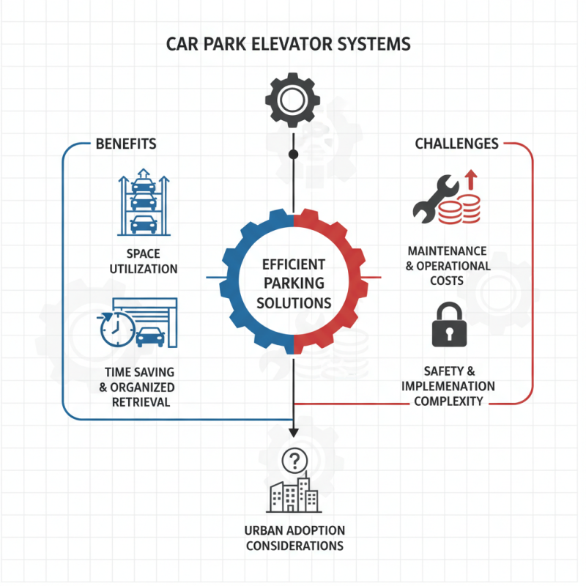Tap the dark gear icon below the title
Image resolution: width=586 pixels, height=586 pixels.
[x=293, y=100]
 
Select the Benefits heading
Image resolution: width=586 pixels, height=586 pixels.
[x=126, y=144]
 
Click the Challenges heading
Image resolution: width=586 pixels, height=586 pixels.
[x=456, y=144]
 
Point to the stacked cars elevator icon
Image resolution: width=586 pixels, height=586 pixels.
[x=144, y=204]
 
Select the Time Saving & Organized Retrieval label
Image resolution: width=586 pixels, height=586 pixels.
[x=139, y=387]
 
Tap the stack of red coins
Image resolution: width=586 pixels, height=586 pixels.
[x=459, y=210]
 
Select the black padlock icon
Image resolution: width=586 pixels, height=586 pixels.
[x=448, y=324]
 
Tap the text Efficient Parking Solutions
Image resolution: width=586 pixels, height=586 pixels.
[x=293, y=283]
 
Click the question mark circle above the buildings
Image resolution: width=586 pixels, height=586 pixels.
[x=294, y=461]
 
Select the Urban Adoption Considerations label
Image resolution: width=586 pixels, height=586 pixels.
[x=294, y=538]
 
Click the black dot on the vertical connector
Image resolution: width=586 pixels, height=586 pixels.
[x=293, y=155]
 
